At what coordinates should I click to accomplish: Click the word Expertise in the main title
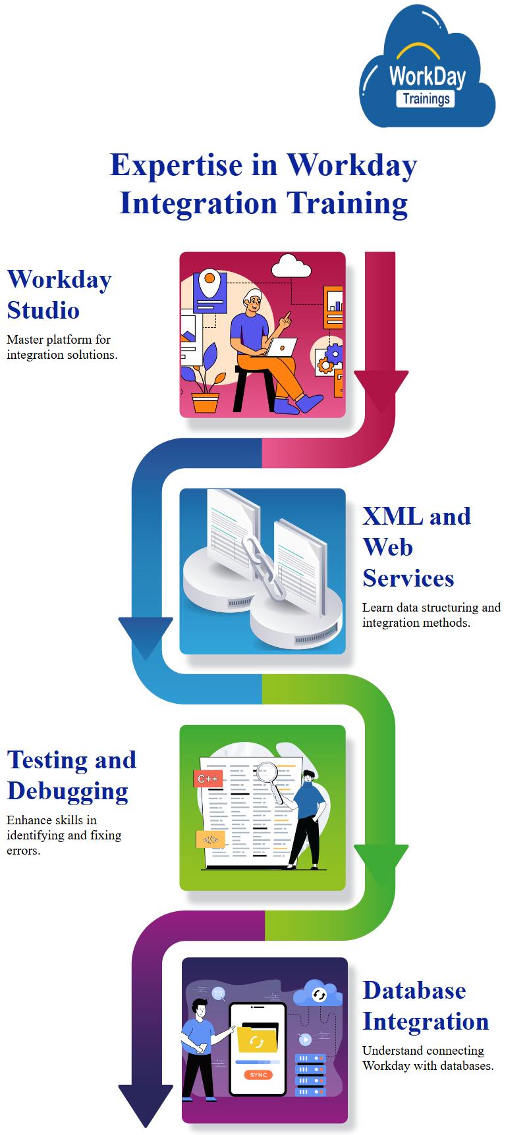point(176,165)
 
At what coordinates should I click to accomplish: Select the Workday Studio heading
point(59,294)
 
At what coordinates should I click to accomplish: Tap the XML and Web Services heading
point(416,546)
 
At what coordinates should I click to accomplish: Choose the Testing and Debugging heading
point(71,775)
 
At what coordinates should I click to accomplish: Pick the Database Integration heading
point(426,1005)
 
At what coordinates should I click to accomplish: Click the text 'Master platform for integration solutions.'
point(62,347)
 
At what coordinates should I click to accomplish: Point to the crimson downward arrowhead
point(381,388)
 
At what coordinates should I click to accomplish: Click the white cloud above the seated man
point(291,266)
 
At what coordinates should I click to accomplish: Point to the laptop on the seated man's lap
point(281,347)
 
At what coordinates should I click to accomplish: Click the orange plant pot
point(205,402)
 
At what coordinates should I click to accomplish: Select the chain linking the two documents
point(262,567)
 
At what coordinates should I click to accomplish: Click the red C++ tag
point(208,779)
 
